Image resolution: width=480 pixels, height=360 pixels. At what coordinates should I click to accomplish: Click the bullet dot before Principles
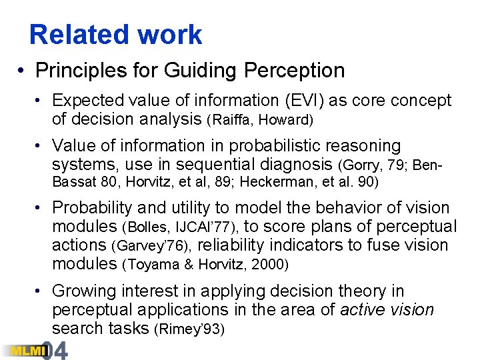tap(22, 70)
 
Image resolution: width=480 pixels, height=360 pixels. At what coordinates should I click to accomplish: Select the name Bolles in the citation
tap(143, 227)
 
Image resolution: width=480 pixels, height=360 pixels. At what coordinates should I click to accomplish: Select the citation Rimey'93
tap(189, 329)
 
